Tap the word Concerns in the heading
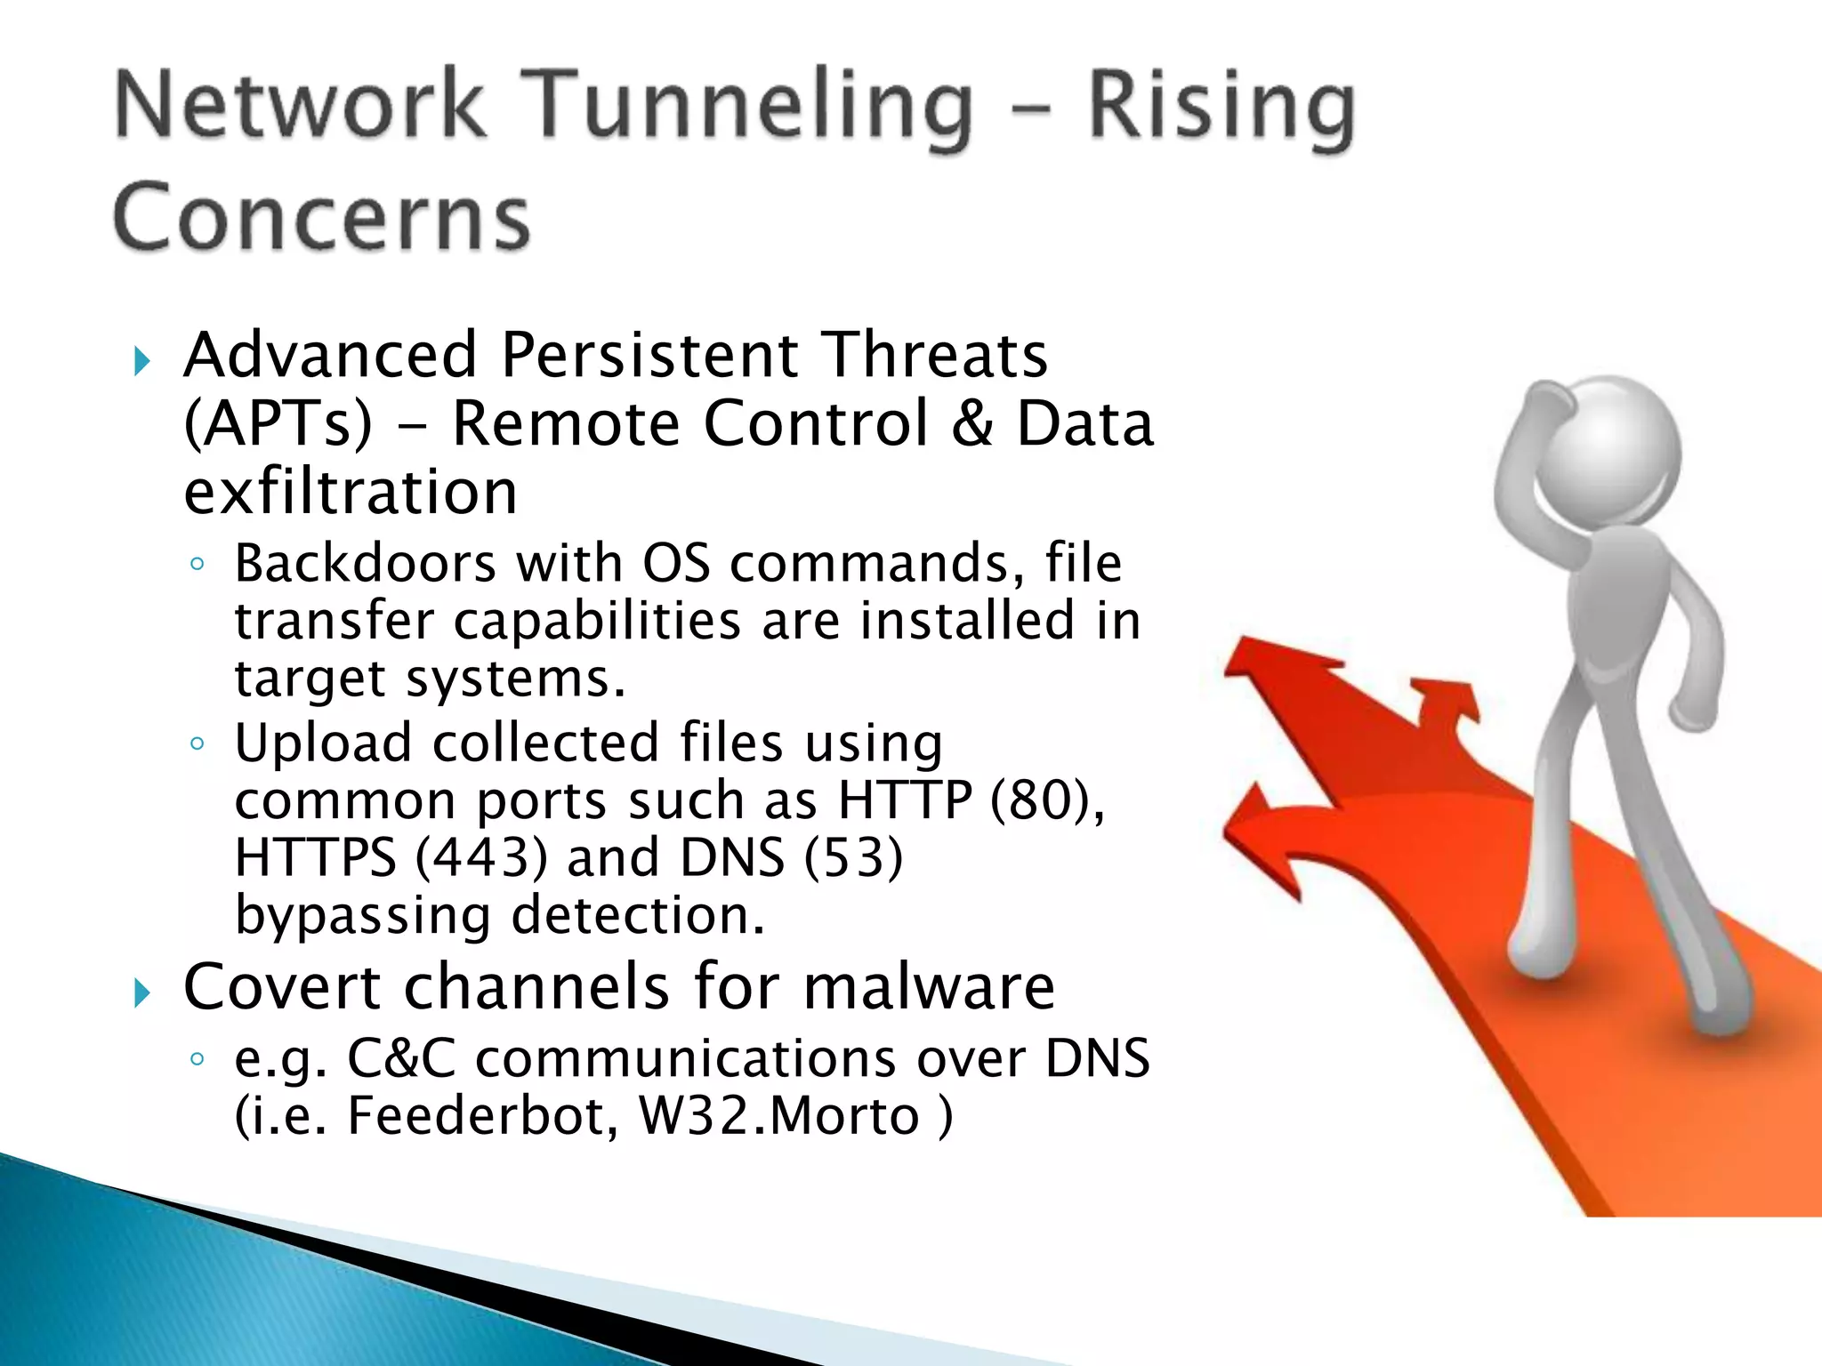point(322,218)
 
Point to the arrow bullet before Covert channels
point(141,992)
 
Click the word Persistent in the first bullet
point(649,355)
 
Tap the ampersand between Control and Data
point(971,423)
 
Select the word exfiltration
point(351,492)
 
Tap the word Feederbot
point(481,1116)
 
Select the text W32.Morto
point(778,1116)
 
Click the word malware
point(929,987)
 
